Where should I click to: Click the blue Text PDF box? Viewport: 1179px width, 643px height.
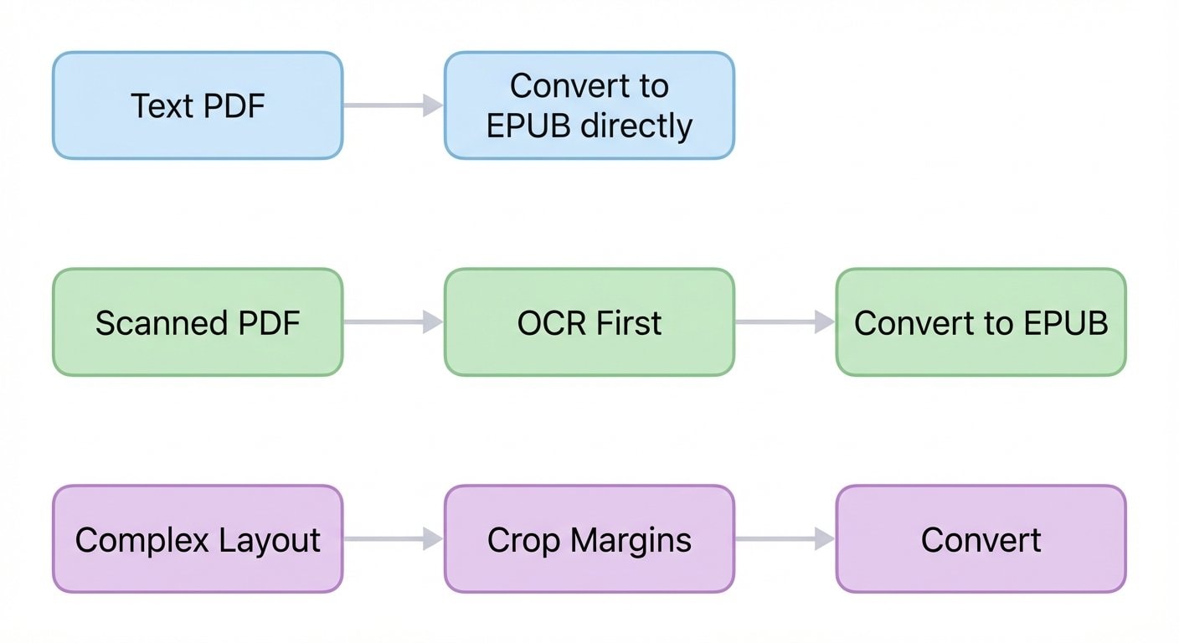pos(198,105)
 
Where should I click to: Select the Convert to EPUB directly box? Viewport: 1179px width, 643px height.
pos(589,105)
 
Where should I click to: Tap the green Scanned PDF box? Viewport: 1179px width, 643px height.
pos(198,322)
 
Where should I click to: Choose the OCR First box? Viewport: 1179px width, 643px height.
pos(589,322)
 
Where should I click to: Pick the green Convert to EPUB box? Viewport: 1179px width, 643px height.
pos(981,322)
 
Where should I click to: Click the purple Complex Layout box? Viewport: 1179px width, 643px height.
pos(198,539)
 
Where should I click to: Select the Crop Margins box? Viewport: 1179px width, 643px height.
pos(589,539)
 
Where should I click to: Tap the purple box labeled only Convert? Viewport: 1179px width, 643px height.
pos(981,539)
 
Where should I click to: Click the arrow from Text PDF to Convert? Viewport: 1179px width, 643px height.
pos(393,105)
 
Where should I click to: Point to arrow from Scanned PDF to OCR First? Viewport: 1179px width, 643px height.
pos(393,322)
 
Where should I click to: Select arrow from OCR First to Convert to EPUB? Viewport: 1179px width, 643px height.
pos(785,322)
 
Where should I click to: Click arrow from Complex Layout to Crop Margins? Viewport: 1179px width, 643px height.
pos(393,539)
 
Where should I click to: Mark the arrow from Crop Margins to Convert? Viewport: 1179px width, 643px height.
pos(785,539)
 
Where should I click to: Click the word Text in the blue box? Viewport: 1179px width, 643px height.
pos(162,106)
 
